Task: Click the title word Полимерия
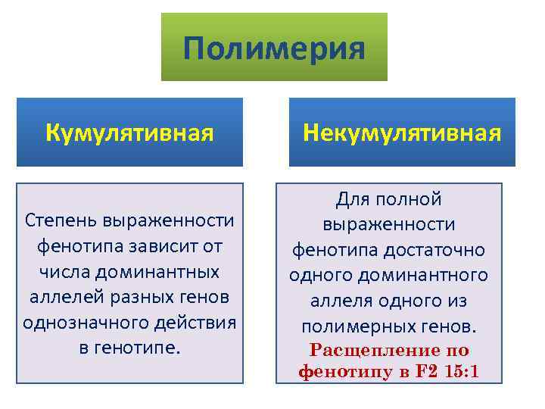pyautogui.click(x=274, y=49)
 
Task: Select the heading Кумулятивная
pyautogui.click(x=129, y=133)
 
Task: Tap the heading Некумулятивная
pyautogui.click(x=402, y=133)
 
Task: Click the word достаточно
pyautogui.click(x=439, y=250)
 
